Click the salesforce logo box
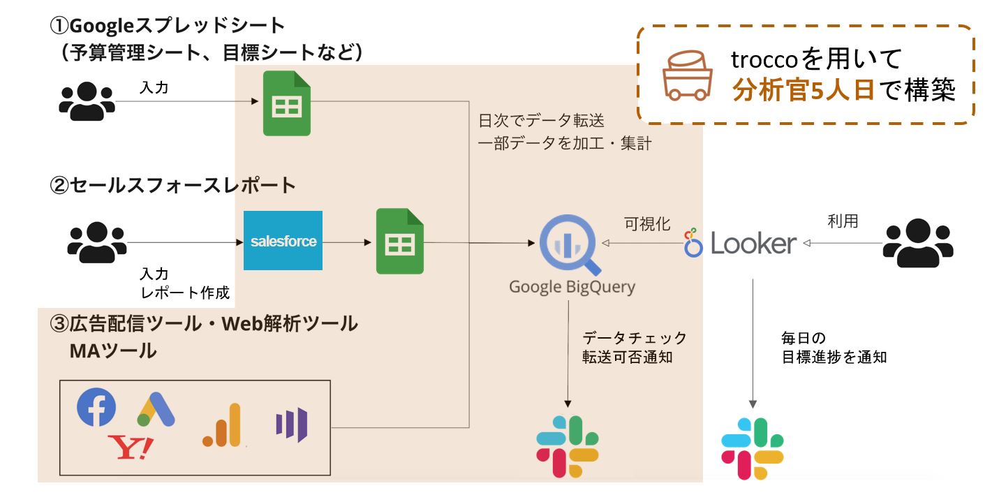(283, 241)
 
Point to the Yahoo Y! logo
(131, 447)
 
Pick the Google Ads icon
(156, 411)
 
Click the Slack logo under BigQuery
(568, 447)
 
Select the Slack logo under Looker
(752, 449)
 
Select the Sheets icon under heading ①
(286, 104)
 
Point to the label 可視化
(647, 223)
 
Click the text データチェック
(635, 338)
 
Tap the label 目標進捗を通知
(834, 357)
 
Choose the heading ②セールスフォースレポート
(172, 186)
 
